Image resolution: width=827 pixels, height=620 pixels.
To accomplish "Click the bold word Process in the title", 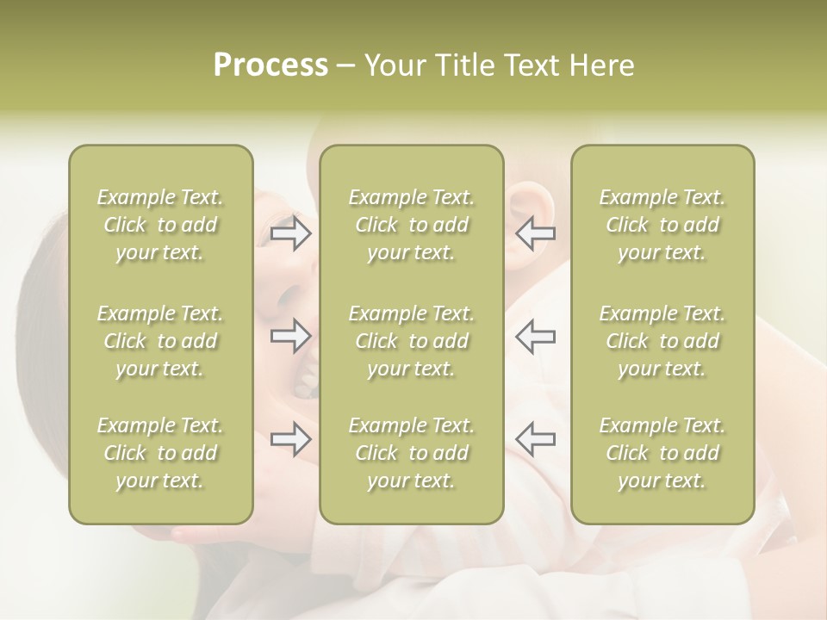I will tap(270, 65).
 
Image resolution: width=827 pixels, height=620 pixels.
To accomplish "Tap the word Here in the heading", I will tap(602, 65).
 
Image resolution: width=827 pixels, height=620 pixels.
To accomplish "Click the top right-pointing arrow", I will tap(291, 233).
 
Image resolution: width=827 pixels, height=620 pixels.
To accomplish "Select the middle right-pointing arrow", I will tap(291, 336).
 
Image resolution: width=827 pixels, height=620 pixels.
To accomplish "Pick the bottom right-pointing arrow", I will tap(291, 439).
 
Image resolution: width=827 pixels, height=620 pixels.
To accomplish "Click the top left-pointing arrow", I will tap(535, 233).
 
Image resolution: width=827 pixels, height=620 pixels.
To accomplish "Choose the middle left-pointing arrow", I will tap(535, 336).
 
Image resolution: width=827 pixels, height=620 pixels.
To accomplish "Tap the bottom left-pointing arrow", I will tap(535, 439).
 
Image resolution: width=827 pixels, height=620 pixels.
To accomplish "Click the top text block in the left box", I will tap(160, 225).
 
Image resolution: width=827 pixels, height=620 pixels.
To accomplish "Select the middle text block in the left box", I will tap(160, 341).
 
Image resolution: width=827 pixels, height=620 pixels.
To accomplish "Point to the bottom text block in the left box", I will tap(160, 453).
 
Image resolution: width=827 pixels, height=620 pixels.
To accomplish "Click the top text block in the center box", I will tap(411, 225).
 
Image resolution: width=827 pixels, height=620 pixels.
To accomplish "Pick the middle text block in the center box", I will tap(411, 341).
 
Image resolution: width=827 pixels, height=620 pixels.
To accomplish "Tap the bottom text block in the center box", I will tap(411, 453).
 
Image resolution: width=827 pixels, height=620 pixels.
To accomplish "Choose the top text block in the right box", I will tap(662, 225).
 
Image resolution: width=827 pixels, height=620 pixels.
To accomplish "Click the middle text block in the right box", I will tap(662, 341).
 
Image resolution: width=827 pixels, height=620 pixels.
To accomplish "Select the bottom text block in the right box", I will tap(662, 453).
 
